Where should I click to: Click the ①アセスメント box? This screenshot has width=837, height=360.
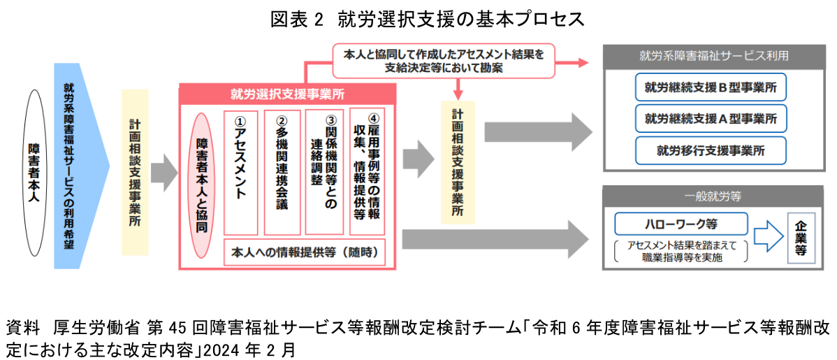tap(241, 172)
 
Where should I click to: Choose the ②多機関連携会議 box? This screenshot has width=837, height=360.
tap(282, 172)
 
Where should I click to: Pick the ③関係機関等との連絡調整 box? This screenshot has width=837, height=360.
tap(324, 172)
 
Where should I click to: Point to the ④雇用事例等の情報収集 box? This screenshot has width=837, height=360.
tap(367, 172)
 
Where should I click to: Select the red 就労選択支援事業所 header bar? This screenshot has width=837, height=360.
tap(288, 94)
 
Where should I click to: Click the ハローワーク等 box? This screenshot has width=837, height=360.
tap(680, 224)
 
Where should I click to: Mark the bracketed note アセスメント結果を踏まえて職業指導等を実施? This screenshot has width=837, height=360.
tap(680, 251)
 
